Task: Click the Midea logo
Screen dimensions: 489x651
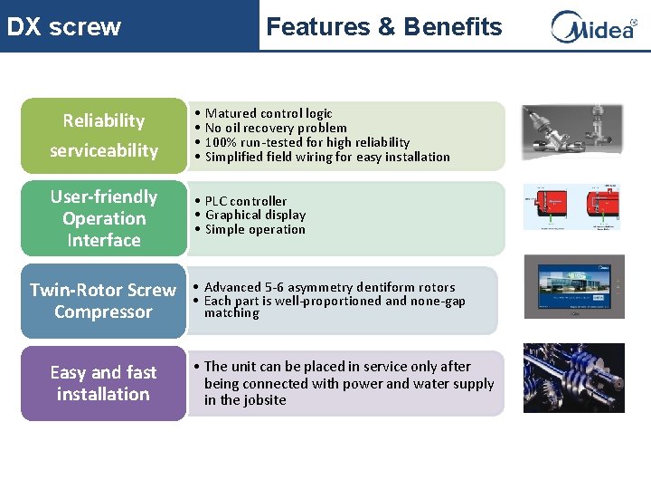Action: tap(593, 27)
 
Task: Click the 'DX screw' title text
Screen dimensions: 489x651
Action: tap(63, 27)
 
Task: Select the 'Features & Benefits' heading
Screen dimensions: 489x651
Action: tap(383, 27)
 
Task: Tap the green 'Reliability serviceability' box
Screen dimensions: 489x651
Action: tap(103, 135)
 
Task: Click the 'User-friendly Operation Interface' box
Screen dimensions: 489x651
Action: tap(103, 218)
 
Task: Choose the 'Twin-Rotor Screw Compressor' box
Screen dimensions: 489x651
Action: tap(103, 301)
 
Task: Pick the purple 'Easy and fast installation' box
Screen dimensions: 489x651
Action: tap(103, 383)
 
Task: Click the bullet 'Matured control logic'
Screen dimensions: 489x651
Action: tap(269, 113)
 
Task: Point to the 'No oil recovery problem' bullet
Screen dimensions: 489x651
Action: tap(276, 128)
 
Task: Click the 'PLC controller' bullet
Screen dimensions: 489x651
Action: tap(245, 201)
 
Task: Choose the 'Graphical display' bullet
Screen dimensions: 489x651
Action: tap(255, 215)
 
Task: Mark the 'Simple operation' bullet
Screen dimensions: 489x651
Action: tap(255, 229)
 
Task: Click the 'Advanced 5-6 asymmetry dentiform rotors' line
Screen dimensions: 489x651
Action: tap(329, 287)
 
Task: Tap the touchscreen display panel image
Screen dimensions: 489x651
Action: tap(573, 291)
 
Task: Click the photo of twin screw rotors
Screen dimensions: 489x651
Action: tap(573, 378)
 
